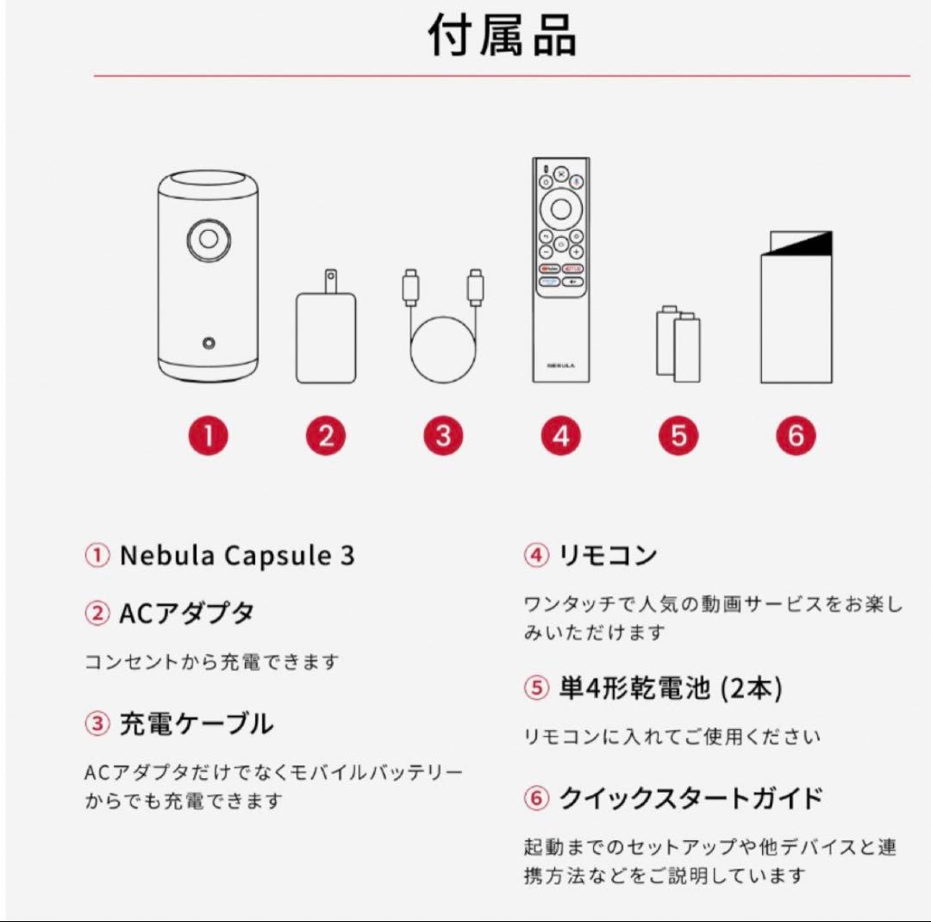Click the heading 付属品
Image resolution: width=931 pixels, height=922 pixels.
pyautogui.click(x=503, y=37)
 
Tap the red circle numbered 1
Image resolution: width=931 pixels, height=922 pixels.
pyautogui.click(x=209, y=436)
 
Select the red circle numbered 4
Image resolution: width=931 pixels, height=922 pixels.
pyautogui.click(x=561, y=436)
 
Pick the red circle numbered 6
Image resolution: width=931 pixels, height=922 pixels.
pyautogui.click(x=795, y=436)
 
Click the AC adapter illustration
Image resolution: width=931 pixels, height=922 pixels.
pyautogui.click(x=325, y=332)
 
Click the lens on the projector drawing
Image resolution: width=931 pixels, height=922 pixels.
pyautogui.click(x=209, y=238)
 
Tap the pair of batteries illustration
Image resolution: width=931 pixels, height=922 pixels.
pyautogui.click(x=678, y=346)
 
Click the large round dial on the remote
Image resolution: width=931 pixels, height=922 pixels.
pyautogui.click(x=561, y=208)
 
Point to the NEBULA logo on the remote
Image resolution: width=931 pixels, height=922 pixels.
pyautogui.click(x=560, y=365)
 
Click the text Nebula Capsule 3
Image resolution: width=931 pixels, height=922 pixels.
pyautogui.click(x=236, y=556)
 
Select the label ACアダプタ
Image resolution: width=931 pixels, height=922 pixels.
pyautogui.click(x=185, y=614)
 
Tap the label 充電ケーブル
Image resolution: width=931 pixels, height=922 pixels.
pyautogui.click(x=195, y=724)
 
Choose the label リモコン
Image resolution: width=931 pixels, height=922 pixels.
pyautogui.click(x=608, y=556)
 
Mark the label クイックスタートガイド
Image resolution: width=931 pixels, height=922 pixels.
pyautogui.click(x=690, y=799)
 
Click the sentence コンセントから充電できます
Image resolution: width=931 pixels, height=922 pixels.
pyautogui.click(x=212, y=663)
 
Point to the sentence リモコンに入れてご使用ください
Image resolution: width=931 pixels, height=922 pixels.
pyautogui.click(x=672, y=737)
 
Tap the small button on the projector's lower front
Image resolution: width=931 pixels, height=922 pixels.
pyautogui.click(x=209, y=343)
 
